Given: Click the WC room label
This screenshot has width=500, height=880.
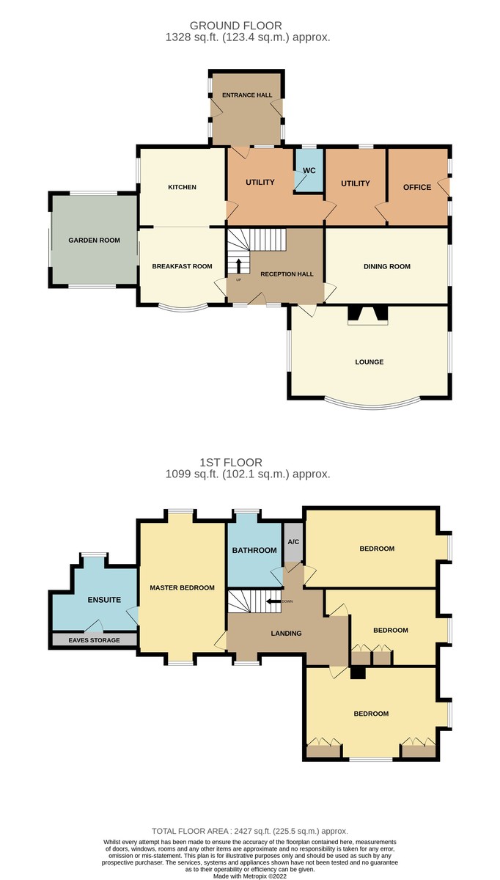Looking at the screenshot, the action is point(309,170).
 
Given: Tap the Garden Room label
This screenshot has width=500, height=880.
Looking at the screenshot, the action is point(95,240).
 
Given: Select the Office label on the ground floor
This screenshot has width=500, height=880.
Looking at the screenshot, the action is point(417,188).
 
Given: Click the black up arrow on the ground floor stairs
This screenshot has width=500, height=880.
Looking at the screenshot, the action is point(238,266).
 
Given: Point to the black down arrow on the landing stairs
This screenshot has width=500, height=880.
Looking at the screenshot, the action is point(273,601).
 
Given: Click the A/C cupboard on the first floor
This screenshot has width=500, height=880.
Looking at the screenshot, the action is point(293,542).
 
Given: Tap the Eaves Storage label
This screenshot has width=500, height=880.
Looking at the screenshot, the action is point(95,640).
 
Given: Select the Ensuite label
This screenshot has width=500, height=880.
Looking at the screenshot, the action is point(104,600).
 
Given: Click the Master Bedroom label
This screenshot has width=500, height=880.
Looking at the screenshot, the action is point(183,587).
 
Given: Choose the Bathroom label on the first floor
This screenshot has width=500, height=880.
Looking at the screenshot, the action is point(254,551).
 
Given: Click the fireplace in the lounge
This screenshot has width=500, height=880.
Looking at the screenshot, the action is point(368,315).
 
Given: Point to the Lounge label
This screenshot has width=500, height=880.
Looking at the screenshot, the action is point(370,362).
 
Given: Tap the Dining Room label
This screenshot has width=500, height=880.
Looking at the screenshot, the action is point(387,266).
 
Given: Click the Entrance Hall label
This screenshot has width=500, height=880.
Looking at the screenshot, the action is point(247,95).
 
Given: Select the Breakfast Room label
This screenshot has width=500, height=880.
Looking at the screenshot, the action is point(183,266).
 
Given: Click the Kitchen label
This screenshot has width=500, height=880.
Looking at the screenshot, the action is point(183,187).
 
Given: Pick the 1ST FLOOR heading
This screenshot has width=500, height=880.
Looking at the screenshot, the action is point(231,463).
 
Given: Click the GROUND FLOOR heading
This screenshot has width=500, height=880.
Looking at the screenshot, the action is point(235,26).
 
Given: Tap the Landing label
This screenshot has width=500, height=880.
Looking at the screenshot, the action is point(287,634).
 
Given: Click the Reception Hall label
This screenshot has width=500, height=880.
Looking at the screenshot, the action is point(287,274).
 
